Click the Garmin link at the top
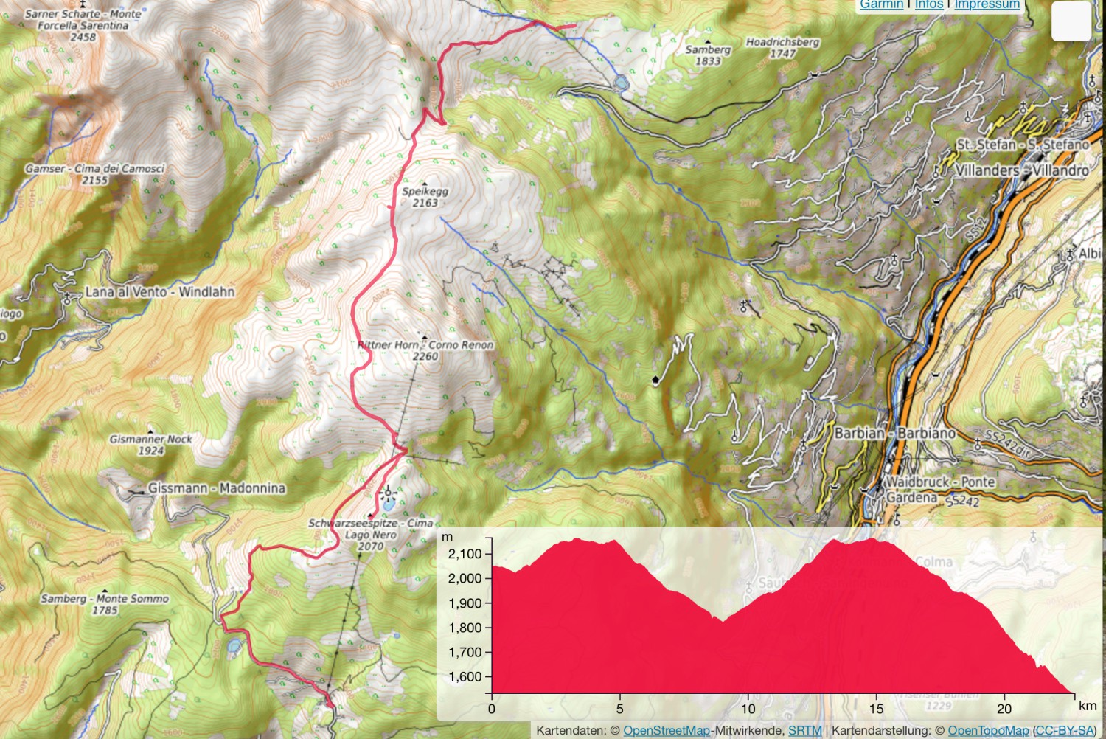pos(881,4)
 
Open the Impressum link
pos(987,4)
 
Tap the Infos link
pos(929,4)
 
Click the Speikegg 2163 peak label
pos(425,197)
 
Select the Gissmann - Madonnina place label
pos(216,488)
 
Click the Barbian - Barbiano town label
pos(895,433)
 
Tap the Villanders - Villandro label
pos(1022,170)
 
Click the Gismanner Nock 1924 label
pos(150,444)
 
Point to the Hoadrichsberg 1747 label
pos(782,47)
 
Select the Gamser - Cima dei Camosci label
pos(94,174)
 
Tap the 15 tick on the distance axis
pos(876,709)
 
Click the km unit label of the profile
pos(1087,706)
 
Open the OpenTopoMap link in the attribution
pos(988,731)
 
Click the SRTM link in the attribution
pos(804,731)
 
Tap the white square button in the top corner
pos(1071,21)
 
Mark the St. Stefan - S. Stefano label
pos(1023,145)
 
